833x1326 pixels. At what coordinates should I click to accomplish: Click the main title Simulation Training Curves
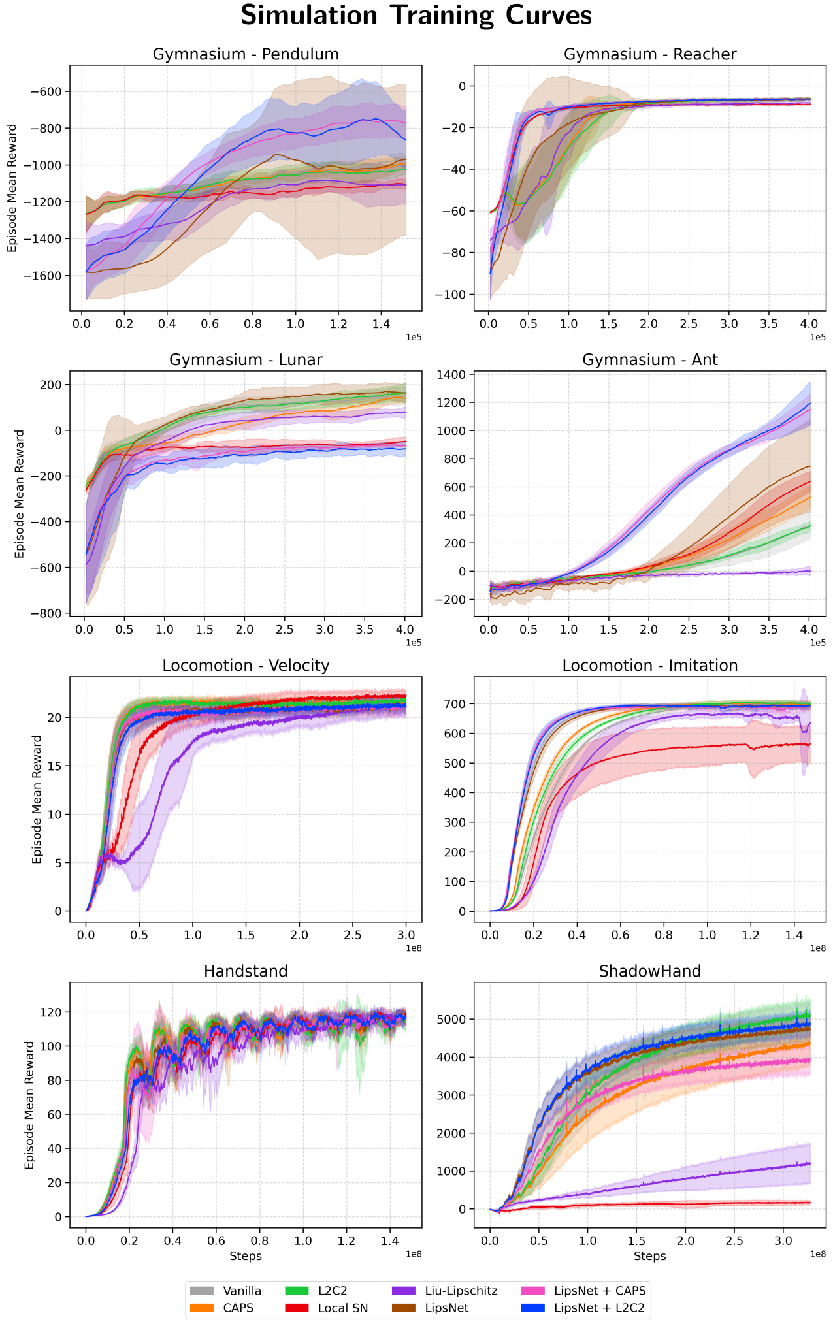pos(416,16)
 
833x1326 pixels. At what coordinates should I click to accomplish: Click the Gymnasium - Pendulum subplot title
pos(246,54)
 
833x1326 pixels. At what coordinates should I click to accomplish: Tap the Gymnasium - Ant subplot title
pos(649,360)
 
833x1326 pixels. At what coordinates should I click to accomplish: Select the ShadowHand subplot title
pos(649,971)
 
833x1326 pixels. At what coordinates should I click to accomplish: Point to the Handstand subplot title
pos(246,971)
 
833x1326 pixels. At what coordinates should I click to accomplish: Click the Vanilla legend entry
pos(242,1291)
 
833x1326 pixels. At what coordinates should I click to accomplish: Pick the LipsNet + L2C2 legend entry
pos(599,1308)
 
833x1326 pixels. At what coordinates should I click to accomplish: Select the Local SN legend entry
pos(342,1308)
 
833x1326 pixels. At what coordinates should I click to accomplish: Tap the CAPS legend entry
pos(238,1308)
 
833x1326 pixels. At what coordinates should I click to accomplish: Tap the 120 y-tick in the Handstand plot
pos(53,1012)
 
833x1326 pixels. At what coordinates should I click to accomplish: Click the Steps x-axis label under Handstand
pos(246,1256)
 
